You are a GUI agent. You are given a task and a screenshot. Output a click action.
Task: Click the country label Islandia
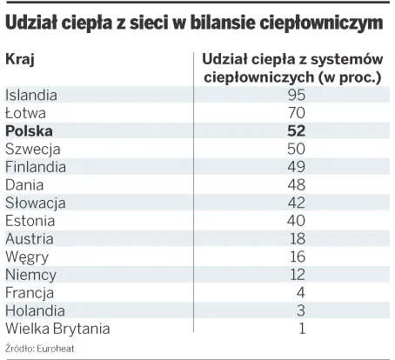pos(31,95)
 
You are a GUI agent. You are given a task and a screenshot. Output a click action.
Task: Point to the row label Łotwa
pos(25,113)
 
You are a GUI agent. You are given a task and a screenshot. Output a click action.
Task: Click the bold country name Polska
pos(29,130)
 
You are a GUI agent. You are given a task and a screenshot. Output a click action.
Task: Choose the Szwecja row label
pos(31,149)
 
